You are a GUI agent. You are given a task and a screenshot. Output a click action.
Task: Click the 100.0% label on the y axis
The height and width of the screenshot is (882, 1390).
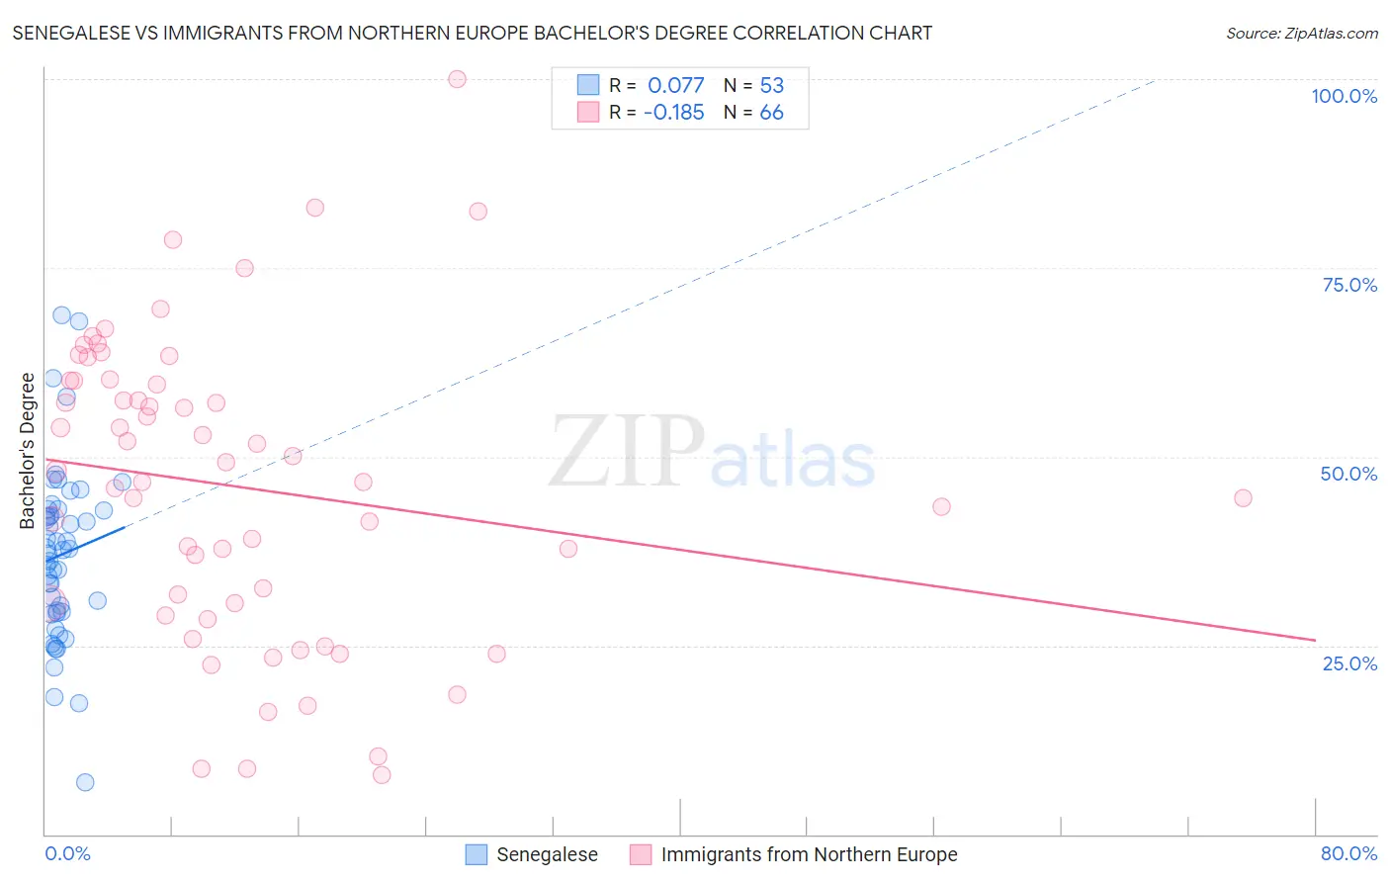coord(1344,96)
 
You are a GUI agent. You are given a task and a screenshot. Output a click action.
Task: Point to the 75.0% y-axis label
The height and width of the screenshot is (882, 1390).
coord(1349,285)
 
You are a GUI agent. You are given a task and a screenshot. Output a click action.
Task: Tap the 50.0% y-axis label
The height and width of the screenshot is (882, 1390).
coord(1348,474)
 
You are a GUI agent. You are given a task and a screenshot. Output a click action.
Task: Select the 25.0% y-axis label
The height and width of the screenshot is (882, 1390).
coord(1349,663)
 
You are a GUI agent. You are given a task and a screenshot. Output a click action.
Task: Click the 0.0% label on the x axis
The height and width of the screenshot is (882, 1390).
coord(67,853)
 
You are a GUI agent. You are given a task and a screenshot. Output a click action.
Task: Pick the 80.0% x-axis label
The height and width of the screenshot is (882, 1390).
coord(1348,853)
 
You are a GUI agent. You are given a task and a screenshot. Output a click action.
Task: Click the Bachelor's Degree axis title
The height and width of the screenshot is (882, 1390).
coord(28,450)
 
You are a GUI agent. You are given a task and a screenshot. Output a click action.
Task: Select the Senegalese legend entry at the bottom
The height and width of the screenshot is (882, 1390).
coord(547,854)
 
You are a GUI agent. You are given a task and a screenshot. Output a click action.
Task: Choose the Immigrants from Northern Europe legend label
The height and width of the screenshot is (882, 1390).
coord(809,854)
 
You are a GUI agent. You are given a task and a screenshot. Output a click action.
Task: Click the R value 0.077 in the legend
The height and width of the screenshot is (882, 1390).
coord(675,86)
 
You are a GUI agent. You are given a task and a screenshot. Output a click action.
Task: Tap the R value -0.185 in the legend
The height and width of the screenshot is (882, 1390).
coord(673,113)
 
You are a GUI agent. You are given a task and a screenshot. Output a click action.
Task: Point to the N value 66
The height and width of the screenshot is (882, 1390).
coord(771,113)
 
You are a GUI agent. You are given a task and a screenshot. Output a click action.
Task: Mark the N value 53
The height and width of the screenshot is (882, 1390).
coord(771,86)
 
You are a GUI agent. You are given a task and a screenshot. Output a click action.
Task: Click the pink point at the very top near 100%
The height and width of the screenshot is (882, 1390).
coord(457,79)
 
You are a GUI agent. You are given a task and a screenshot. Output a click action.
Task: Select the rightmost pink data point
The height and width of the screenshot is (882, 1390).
coord(1243,497)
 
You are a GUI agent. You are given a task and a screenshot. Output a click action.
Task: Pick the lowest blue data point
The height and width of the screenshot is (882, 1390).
coord(85,782)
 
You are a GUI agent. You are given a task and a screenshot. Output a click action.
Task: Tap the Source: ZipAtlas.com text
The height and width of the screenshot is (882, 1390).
coord(1301,34)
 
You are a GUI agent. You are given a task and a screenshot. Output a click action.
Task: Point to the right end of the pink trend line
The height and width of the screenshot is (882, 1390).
coord(1315,640)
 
